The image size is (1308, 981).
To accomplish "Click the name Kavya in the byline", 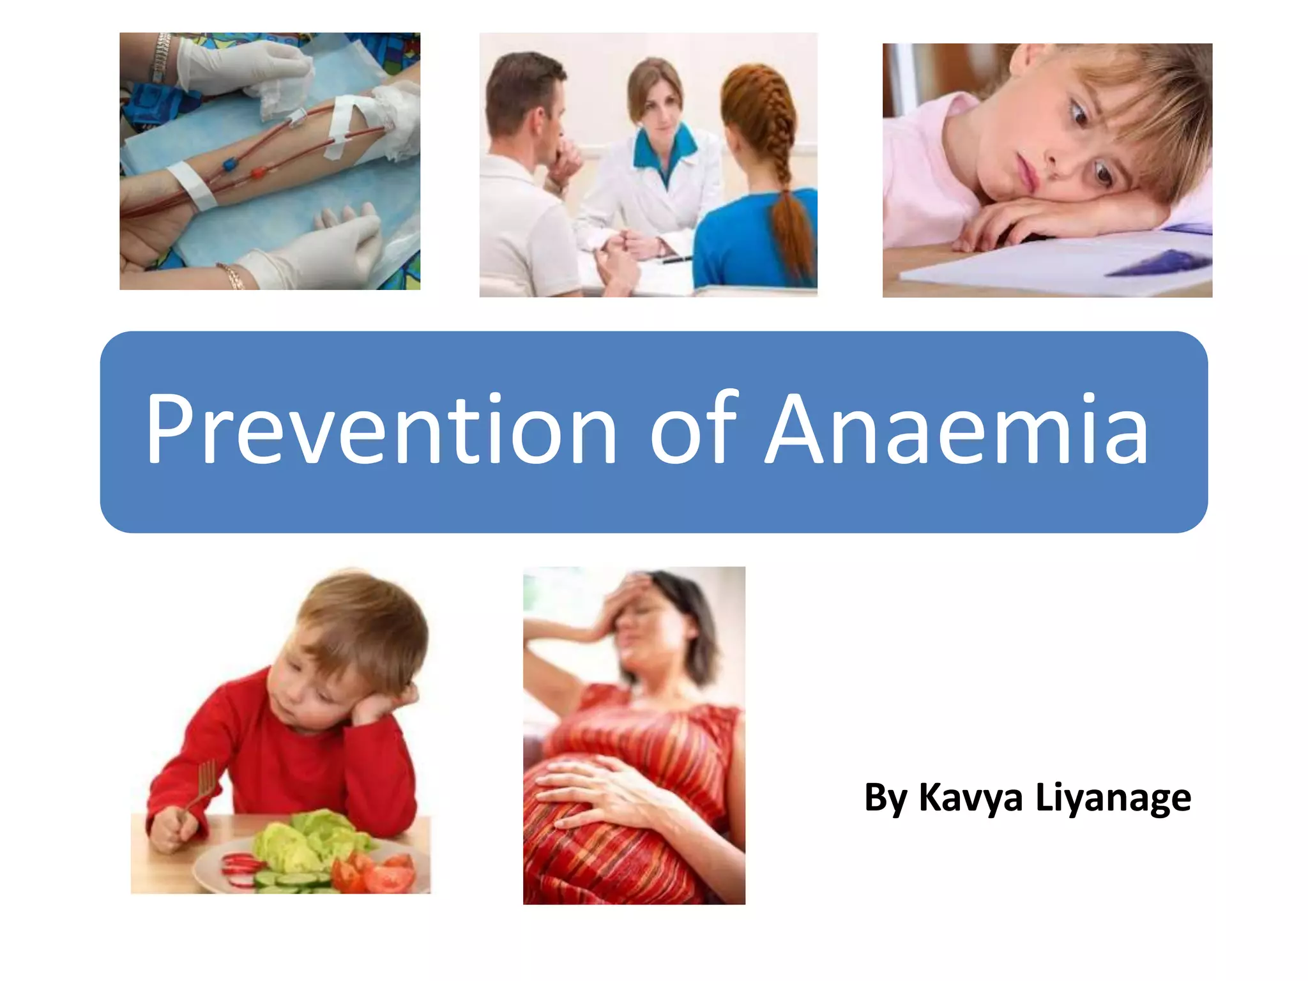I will click(971, 798).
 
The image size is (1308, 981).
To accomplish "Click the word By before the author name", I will click(885, 798).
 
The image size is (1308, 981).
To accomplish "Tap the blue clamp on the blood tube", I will click(229, 165).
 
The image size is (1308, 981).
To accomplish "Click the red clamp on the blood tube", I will click(258, 172).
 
